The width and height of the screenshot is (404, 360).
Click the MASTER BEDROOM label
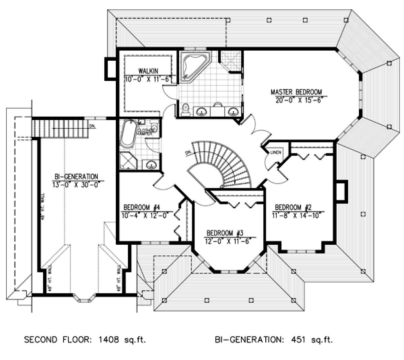click(x=296, y=92)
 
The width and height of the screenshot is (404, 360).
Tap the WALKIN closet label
click(x=148, y=71)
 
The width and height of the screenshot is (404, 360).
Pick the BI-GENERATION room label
click(x=76, y=176)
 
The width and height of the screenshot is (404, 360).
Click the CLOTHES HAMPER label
click(x=145, y=131)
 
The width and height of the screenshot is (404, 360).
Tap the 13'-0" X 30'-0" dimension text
click(x=76, y=184)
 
